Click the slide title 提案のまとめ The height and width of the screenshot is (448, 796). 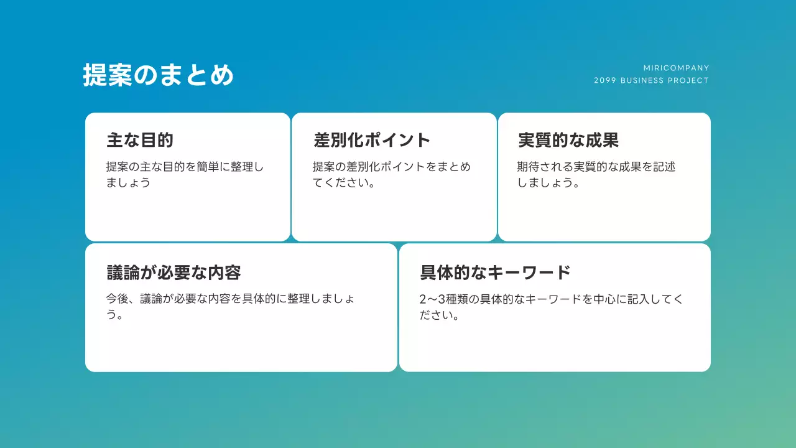pos(159,75)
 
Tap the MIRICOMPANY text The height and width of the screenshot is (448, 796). pos(676,68)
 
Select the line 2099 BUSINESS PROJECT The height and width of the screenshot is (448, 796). pos(651,80)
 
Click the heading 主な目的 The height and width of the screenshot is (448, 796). pos(140,140)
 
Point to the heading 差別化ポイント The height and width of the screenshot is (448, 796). pos(372,140)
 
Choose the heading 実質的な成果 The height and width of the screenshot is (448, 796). pos(568,140)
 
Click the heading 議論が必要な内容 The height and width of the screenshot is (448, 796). pos(174,273)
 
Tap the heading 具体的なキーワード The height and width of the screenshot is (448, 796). pos(496,273)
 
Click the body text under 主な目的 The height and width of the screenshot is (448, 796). pos(185,175)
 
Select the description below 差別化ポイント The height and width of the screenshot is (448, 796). pos(391,175)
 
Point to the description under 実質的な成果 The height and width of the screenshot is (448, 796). pos(596,175)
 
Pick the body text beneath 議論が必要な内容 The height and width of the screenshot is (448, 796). pos(231,306)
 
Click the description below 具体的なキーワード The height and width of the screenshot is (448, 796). pos(551,307)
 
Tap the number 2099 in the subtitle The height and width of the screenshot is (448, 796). pos(604,80)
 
